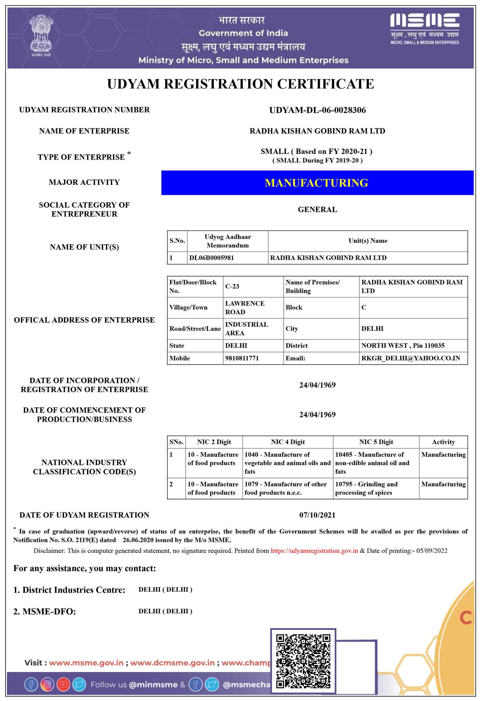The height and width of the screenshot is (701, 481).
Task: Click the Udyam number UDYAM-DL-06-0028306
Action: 317,110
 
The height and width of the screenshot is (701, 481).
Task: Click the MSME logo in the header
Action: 424,29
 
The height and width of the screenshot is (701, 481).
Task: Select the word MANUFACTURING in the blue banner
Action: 316,183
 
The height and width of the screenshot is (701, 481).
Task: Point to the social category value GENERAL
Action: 317,209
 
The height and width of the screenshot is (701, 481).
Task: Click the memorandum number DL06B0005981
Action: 211,258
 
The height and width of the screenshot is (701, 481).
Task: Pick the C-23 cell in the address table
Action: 232,286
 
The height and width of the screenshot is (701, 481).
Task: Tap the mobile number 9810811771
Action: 242,358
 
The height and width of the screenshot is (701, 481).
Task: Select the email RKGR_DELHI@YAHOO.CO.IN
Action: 410,358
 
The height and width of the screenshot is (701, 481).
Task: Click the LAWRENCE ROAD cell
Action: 245,307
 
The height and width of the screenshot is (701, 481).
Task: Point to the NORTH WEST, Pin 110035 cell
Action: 403,345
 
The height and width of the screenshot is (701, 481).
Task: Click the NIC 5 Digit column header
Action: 376,442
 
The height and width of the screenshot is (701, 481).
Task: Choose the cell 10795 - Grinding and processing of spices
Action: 366,488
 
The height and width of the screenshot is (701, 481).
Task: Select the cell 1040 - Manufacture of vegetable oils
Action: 287,463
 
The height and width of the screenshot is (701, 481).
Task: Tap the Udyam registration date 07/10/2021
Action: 317,515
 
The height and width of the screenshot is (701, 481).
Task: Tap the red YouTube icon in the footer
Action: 63,684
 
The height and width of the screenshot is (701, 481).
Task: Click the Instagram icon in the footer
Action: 47,684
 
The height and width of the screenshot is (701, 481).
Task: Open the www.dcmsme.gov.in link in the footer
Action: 173,663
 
